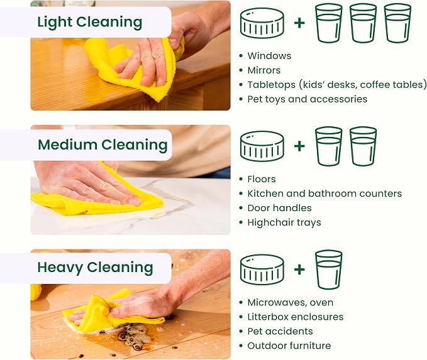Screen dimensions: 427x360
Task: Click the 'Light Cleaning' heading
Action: (89, 22)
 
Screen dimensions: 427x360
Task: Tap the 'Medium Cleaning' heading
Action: (103, 145)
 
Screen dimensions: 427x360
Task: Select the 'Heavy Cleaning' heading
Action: (95, 268)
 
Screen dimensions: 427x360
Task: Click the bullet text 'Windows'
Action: (269, 56)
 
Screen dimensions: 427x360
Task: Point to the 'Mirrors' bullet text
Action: (264, 70)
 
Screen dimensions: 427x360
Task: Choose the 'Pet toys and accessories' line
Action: (307, 99)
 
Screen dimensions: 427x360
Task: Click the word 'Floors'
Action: (262, 179)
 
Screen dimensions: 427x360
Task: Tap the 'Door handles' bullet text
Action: (279, 208)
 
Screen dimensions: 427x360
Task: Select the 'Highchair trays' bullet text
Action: (284, 222)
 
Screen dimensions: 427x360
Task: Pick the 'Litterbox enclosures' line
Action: (296, 317)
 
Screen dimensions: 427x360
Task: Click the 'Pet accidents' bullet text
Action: (280, 331)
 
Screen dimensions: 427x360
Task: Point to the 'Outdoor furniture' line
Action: (289, 346)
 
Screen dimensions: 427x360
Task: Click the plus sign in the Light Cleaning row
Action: (299, 23)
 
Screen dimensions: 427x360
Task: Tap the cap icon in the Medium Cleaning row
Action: (262, 146)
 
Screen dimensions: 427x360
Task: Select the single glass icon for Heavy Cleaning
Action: (329, 270)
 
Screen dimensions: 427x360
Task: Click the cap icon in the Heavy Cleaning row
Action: (262, 270)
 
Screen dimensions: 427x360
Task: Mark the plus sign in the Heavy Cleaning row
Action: (299, 270)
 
